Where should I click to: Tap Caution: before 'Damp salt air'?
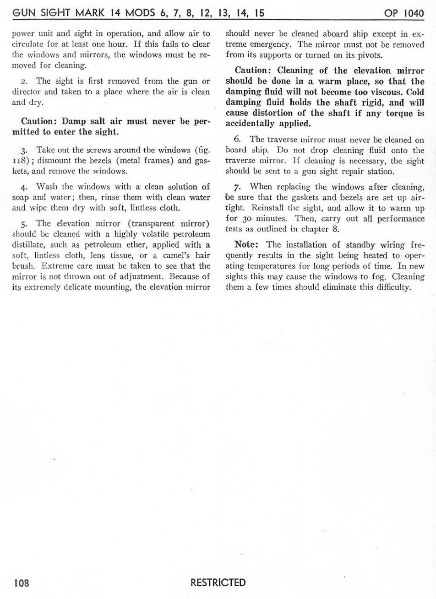[40, 123]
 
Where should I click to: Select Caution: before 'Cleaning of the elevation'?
[253, 71]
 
